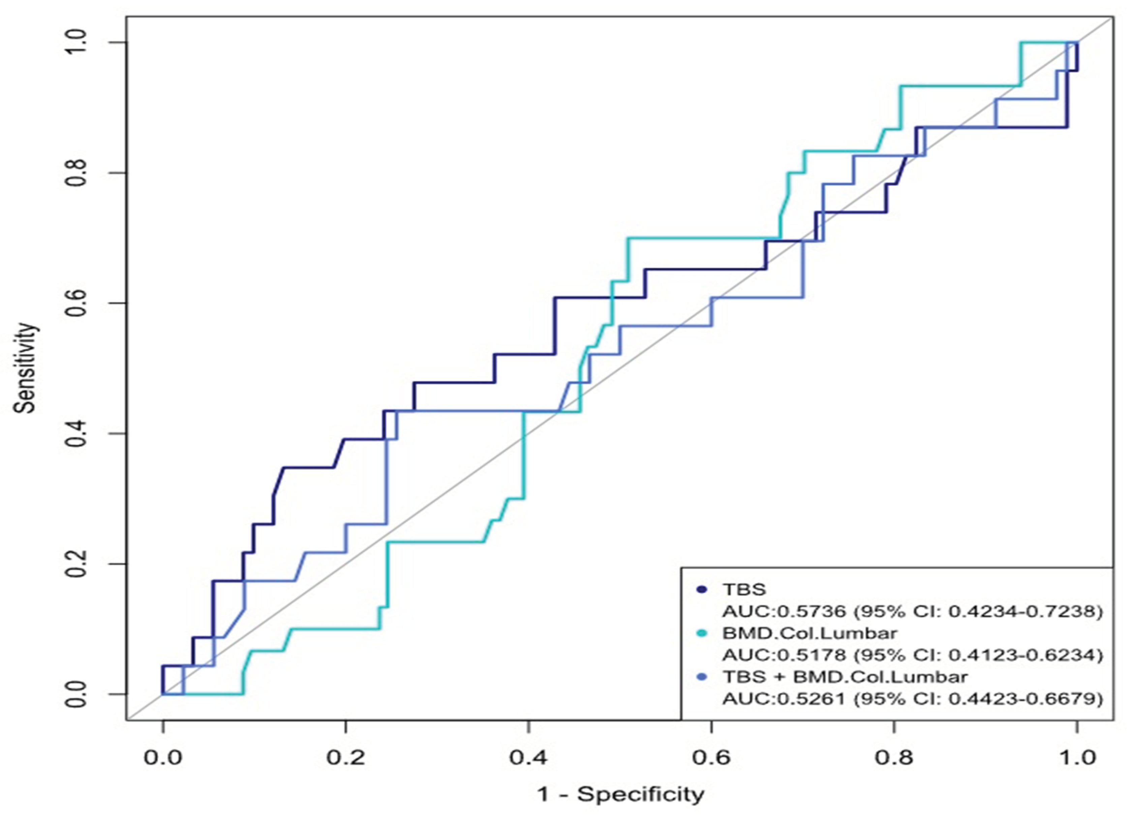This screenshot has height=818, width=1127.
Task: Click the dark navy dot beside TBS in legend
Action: (x=702, y=590)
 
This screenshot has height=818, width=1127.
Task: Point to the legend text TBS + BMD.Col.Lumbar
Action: (x=845, y=677)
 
